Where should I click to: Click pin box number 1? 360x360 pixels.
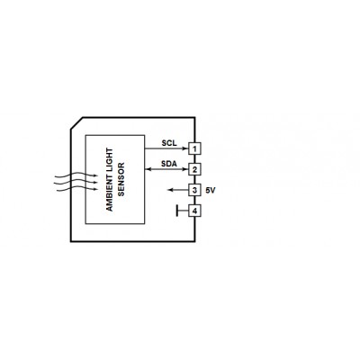(x=194, y=148)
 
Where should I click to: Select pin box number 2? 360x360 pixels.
(x=194, y=169)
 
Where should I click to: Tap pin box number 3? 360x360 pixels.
(x=194, y=190)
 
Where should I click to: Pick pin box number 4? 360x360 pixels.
(x=194, y=211)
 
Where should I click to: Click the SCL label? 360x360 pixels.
(x=169, y=143)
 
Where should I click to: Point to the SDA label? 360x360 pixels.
(x=169, y=164)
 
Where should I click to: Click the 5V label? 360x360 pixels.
(x=211, y=190)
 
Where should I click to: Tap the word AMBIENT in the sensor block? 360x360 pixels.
(x=110, y=194)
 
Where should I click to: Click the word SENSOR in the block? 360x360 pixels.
(x=121, y=179)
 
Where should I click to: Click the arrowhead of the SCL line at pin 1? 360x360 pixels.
(x=186, y=148)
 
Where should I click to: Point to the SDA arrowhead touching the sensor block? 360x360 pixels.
(x=148, y=169)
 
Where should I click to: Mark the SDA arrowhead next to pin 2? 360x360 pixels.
(x=186, y=169)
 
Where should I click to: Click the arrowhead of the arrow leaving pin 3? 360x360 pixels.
(x=170, y=190)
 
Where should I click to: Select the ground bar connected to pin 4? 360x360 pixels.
(x=177, y=211)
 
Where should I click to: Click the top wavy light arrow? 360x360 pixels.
(x=76, y=175)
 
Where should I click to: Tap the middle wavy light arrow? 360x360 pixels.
(x=76, y=182)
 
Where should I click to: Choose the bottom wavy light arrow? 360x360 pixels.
(x=76, y=189)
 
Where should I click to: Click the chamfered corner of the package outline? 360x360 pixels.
(x=76, y=123)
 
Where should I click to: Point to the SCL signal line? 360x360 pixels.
(x=166, y=148)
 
